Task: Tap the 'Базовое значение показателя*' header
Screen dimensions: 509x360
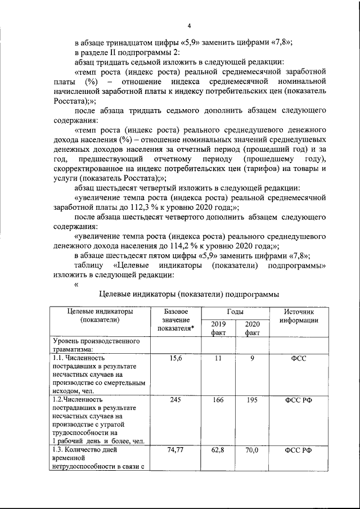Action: point(175,320)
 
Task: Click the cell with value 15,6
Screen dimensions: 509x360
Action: point(175,357)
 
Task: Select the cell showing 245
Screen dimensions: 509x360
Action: point(175,400)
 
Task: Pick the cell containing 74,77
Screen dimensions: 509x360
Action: point(175,451)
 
